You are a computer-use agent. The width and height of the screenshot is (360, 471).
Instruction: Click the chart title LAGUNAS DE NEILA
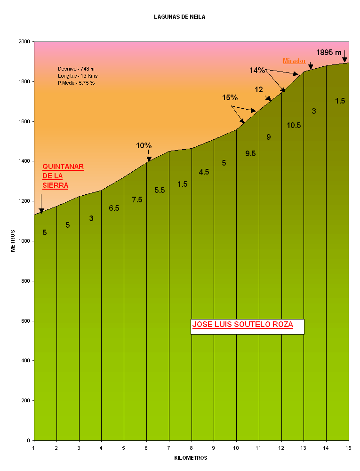click(179, 17)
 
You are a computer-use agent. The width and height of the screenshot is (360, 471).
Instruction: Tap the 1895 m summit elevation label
click(328, 52)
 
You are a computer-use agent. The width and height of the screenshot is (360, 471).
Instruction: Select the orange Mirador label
click(294, 61)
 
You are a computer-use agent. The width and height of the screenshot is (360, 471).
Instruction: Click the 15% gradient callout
click(230, 98)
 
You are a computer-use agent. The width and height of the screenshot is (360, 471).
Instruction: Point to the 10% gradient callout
click(144, 146)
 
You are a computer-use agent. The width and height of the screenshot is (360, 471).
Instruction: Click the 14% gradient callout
click(257, 71)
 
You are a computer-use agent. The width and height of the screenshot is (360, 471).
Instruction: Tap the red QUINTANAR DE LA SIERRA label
click(63, 176)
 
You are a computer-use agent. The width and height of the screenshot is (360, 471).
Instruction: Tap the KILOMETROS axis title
click(191, 458)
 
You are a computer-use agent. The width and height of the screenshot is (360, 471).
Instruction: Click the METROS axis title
click(13, 241)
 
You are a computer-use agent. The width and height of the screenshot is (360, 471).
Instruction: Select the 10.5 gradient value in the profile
click(294, 126)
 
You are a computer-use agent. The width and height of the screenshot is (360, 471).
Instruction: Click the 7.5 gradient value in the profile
click(137, 200)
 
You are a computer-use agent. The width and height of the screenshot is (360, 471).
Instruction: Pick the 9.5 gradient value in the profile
click(250, 154)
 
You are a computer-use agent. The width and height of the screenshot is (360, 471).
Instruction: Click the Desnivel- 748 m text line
click(76, 69)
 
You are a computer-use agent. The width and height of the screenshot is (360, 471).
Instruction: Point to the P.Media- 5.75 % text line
click(76, 83)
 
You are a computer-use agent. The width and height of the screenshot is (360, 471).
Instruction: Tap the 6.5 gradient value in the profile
click(114, 208)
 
